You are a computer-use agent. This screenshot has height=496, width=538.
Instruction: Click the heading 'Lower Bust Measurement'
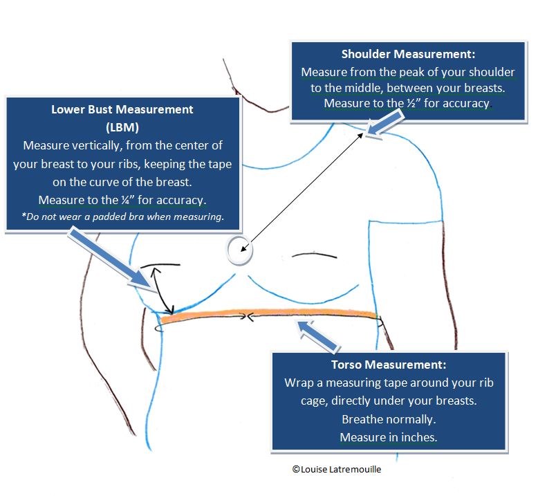pos(122,109)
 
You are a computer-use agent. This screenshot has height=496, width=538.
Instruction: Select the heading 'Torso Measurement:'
pos(389,365)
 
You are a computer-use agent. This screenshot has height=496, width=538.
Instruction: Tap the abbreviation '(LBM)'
pos(122,127)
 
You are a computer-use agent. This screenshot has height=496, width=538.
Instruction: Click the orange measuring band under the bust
pos(270,314)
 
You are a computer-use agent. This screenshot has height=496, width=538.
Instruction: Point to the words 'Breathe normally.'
pos(389,419)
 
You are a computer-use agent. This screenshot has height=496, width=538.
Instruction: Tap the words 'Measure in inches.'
pos(389,437)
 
